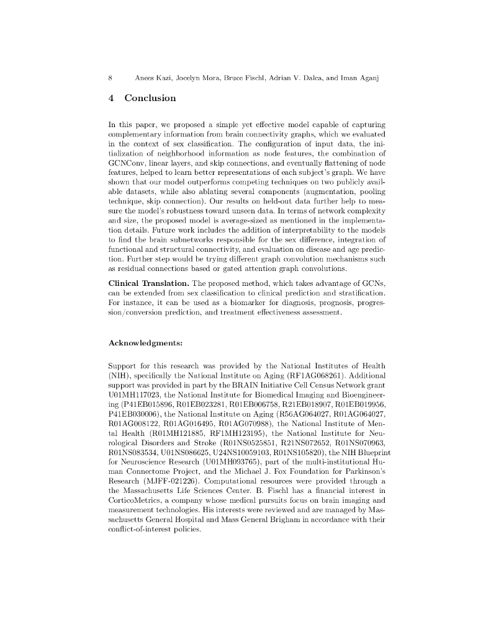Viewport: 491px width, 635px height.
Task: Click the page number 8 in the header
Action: click(110, 78)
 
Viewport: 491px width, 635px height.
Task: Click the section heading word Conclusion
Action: click(150, 98)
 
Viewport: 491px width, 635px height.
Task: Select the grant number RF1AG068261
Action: click(314, 376)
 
